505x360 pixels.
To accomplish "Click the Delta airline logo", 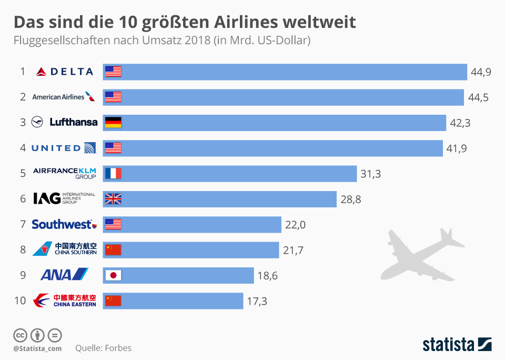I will click(x=65, y=72).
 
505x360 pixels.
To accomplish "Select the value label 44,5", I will click(x=478, y=97).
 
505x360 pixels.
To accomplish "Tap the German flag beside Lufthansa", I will click(x=113, y=123).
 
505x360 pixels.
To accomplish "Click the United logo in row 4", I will click(x=64, y=148).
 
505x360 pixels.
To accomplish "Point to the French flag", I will click(x=113, y=173).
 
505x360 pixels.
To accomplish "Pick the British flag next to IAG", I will click(x=113, y=199).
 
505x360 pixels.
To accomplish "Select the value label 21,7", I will click(x=293, y=250).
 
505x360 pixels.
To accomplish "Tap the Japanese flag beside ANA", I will click(x=113, y=275).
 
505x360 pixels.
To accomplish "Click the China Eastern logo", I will click(x=64, y=301).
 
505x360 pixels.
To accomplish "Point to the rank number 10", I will click(x=20, y=301).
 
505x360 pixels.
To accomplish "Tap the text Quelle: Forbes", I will click(x=103, y=348).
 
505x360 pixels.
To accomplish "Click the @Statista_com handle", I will click(x=37, y=348).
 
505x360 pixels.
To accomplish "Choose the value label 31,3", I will click(x=370, y=174).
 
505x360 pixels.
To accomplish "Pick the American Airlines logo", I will click(x=64, y=97).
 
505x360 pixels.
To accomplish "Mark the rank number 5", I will click(x=23, y=173).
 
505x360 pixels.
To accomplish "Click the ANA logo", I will click(x=64, y=275).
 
